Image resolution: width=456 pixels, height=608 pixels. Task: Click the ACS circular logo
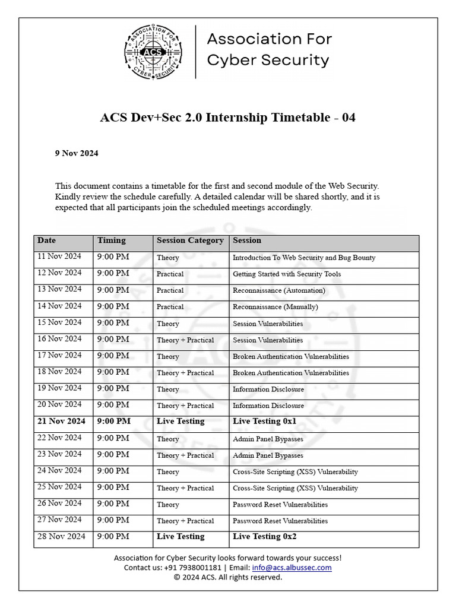(153, 52)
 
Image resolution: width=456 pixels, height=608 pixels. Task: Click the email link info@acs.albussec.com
(292, 568)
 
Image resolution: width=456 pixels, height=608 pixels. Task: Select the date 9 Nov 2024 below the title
(77, 153)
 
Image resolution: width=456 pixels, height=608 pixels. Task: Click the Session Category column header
(190, 240)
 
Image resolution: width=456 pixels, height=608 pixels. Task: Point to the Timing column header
(112, 240)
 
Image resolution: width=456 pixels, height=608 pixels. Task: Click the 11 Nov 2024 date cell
(59, 257)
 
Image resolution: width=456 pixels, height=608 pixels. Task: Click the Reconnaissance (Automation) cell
(278, 290)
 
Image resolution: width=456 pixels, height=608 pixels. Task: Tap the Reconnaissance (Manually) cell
(275, 307)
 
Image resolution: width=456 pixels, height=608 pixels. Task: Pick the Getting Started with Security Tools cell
(286, 274)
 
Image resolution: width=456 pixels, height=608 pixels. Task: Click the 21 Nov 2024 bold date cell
(61, 421)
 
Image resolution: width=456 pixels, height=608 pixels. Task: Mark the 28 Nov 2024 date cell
(59, 536)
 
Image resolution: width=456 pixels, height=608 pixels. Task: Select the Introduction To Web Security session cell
(303, 258)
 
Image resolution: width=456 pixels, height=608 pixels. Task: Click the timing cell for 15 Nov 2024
(113, 323)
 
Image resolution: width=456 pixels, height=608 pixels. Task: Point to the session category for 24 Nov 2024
(168, 472)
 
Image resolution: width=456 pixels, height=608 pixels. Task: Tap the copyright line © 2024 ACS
(227, 577)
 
